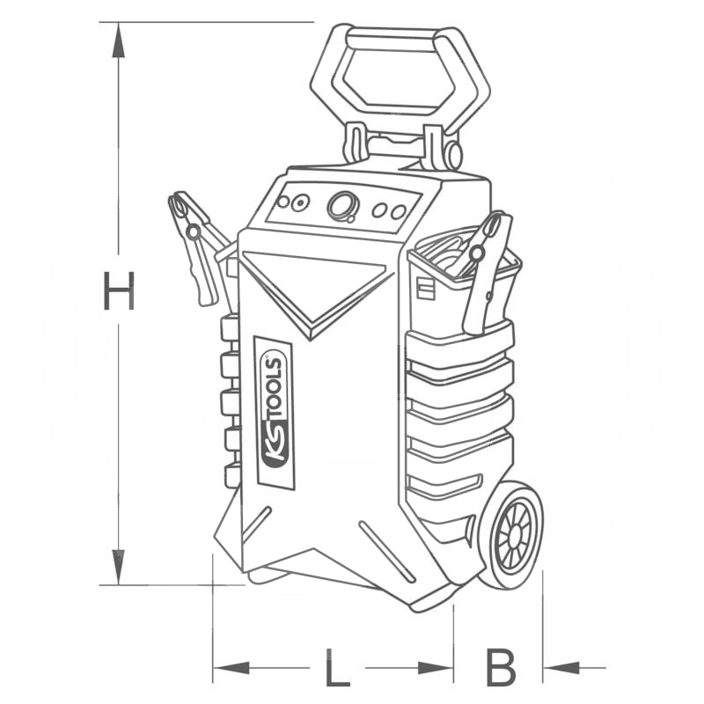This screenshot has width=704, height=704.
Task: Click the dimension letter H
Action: [118, 291]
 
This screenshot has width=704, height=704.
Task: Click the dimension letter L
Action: [336, 669]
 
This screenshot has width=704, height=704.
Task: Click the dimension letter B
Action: [501, 669]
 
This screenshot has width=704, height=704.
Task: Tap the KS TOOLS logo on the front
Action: [274, 412]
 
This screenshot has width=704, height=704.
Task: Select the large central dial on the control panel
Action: [342, 207]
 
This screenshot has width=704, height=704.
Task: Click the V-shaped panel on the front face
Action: [317, 286]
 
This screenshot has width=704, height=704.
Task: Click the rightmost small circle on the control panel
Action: [399, 211]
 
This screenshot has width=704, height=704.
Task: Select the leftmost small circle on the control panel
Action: [283, 202]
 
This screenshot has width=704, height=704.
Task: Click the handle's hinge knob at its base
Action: [452, 155]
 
